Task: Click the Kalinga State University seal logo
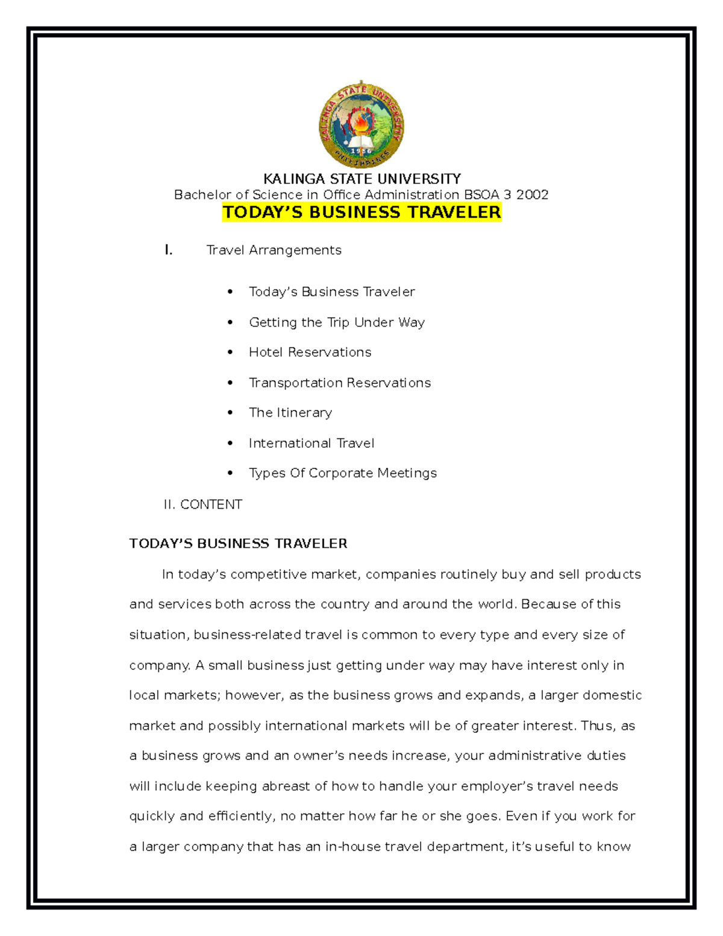(x=361, y=125)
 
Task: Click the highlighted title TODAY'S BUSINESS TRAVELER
(x=361, y=212)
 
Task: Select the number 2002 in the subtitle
(x=532, y=195)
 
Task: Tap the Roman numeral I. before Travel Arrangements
(x=169, y=250)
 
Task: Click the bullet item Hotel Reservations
(x=310, y=352)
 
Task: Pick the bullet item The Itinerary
(x=290, y=413)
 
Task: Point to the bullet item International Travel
(x=311, y=443)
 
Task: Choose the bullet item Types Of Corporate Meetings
(x=343, y=473)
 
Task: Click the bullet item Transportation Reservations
(x=340, y=383)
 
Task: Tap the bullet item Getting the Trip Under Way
(x=337, y=322)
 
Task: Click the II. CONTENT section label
(x=203, y=504)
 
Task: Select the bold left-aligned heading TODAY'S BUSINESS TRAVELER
(x=238, y=544)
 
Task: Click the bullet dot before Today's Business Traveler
(x=230, y=292)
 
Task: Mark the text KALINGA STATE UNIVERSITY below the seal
(x=361, y=179)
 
